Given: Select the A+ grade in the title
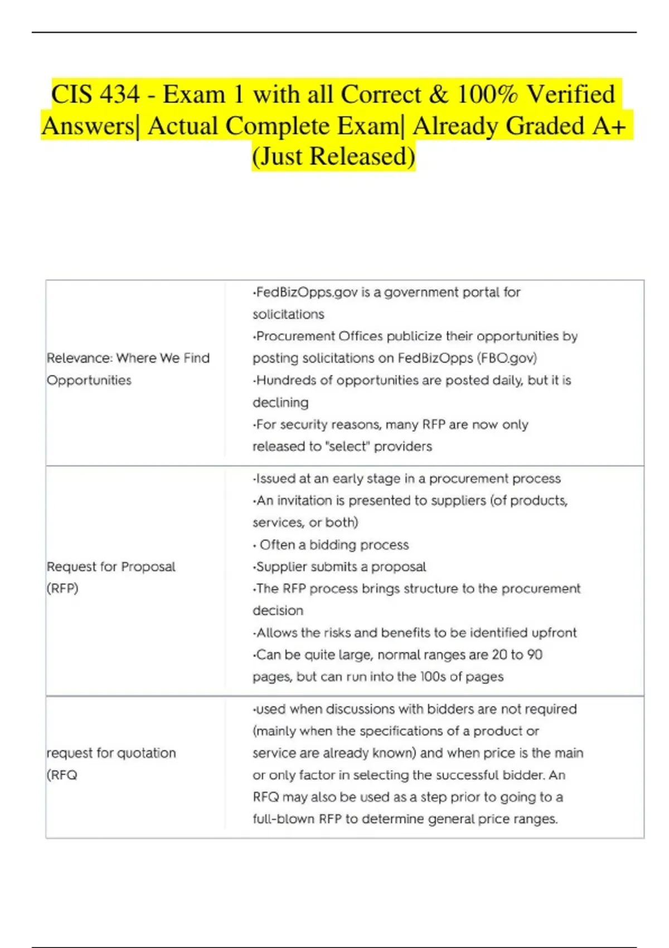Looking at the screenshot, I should click(x=609, y=126).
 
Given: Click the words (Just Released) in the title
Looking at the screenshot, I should click(x=333, y=156).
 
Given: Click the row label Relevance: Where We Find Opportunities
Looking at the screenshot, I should click(x=128, y=369).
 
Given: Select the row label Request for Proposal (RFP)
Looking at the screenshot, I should click(x=111, y=577).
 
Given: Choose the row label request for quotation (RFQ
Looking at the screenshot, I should click(x=111, y=763).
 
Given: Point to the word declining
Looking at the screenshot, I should click(x=280, y=402).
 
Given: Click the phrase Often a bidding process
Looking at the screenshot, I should click(x=334, y=544).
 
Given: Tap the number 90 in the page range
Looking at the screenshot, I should click(x=535, y=654).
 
